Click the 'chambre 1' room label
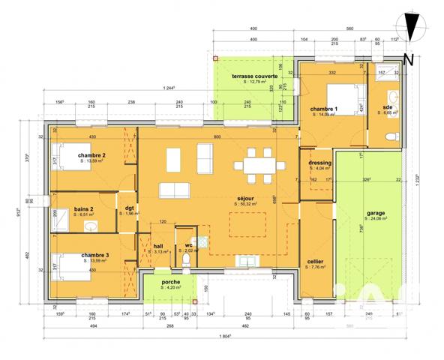(325, 109)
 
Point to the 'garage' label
(376, 213)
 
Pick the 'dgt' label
(128, 208)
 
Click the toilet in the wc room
(185, 261)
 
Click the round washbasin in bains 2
(91, 224)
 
